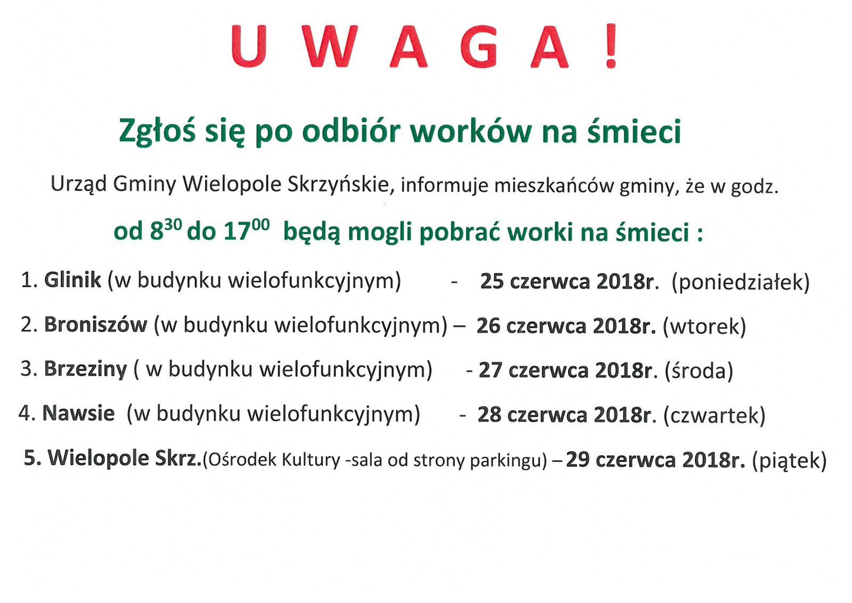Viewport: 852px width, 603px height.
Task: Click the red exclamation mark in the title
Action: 611,46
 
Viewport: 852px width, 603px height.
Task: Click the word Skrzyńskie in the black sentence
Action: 339,186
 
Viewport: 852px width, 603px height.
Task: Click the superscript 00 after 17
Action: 260,225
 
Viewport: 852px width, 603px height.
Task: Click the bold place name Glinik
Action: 72,280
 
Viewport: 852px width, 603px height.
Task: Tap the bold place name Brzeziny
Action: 86,369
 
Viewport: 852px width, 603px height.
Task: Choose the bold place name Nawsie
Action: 78,413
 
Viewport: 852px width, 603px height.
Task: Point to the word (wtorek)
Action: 704,327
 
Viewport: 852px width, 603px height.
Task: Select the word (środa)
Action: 699,371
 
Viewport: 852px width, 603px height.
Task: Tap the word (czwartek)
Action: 714,415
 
